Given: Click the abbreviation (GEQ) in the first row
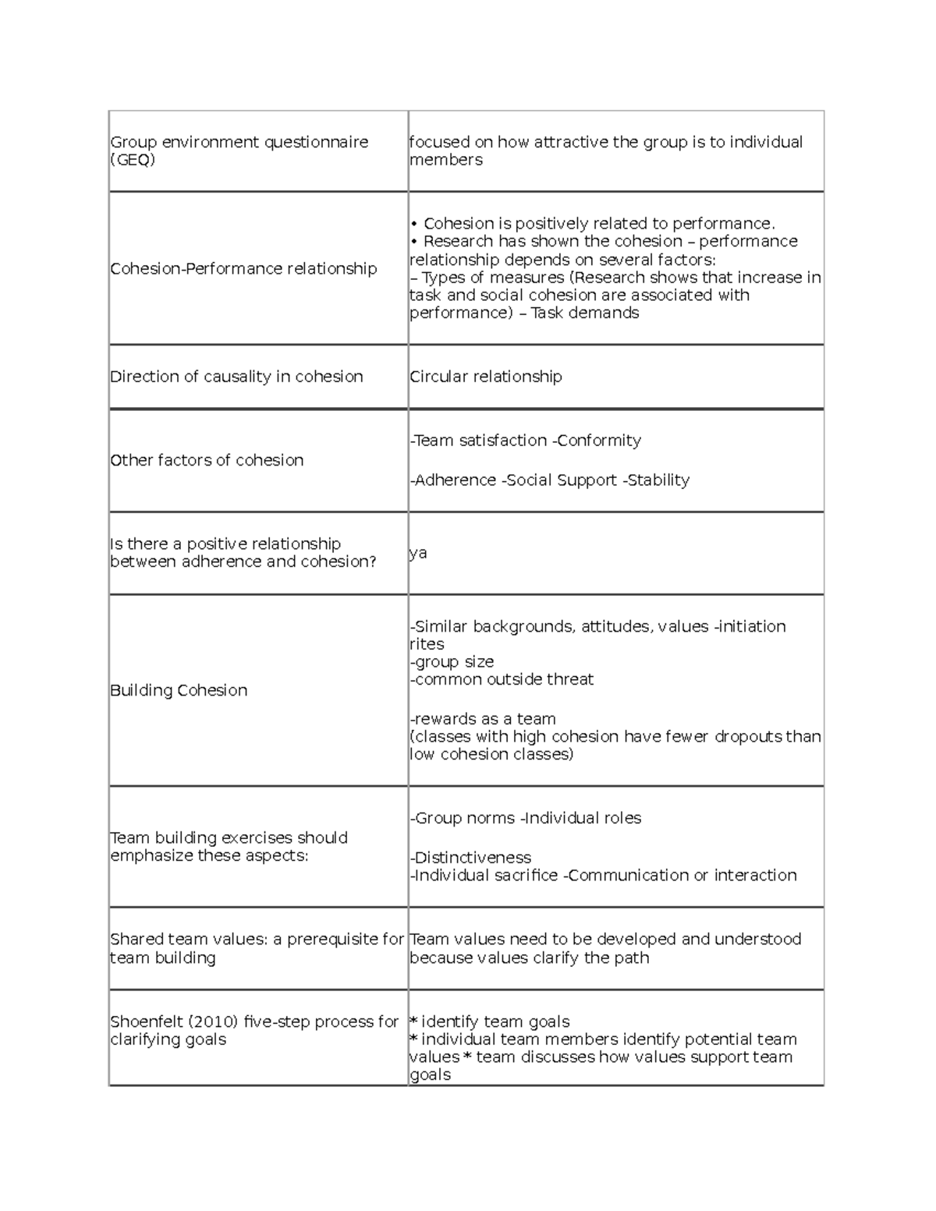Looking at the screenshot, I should coord(133,160).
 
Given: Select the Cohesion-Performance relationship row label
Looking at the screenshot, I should coord(243,268).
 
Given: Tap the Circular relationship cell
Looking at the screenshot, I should coord(486,377).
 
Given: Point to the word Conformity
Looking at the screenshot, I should coord(599,441).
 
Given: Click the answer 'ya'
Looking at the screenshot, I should coord(419,553).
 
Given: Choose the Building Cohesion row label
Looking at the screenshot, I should coord(179,690).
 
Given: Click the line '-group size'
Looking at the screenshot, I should coord(452,662).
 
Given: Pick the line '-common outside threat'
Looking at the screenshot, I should coord(502,679).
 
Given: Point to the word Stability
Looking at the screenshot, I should coord(658,480).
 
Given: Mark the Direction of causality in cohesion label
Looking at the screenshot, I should coord(236,377).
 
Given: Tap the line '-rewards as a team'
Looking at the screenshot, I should coord(484,719).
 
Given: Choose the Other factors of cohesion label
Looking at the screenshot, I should coord(207,460).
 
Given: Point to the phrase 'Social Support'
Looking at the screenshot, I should coord(562,480).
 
